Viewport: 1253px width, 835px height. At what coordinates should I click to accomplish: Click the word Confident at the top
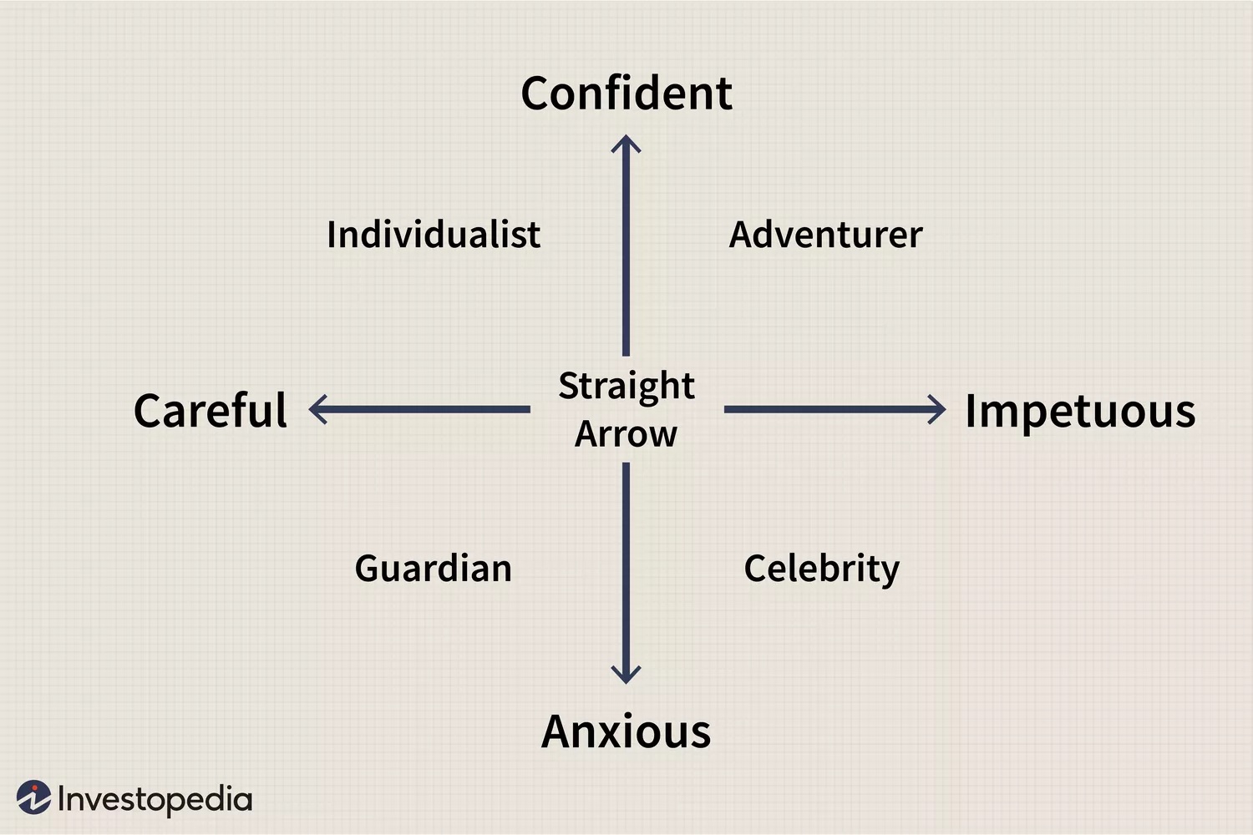coord(626,93)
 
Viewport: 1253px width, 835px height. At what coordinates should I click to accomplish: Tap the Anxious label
coord(626,731)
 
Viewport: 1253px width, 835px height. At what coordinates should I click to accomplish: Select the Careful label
coord(211,409)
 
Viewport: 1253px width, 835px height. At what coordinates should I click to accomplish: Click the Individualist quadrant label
coord(434,234)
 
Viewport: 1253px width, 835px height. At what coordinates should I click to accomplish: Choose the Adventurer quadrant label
coord(825,235)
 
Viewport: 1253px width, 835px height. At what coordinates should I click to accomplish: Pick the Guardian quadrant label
coord(434,569)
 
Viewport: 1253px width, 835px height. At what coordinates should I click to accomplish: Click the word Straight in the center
coord(626,387)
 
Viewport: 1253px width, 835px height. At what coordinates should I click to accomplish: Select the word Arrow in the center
coord(626,434)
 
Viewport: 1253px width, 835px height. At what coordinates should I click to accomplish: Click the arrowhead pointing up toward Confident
coord(626,143)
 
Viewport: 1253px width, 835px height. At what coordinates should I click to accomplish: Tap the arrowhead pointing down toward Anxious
coord(626,675)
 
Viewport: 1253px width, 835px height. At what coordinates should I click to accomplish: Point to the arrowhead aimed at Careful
coord(317,409)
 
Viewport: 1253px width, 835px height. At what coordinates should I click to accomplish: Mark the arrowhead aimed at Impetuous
coord(937,409)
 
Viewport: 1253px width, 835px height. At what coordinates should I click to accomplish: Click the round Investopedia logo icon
coord(33,797)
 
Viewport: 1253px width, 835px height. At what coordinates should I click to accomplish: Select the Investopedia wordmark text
coord(155,800)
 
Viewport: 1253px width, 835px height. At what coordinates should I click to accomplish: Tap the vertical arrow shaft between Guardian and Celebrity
coord(626,569)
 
